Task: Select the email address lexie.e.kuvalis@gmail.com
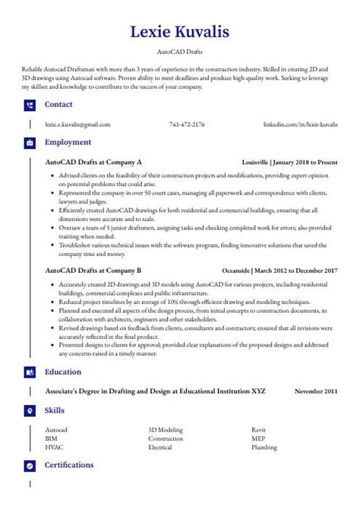(x=77, y=124)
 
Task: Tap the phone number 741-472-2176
(x=187, y=124)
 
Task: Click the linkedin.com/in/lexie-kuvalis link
(x=300, y=124)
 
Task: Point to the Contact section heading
(x=58, y=105)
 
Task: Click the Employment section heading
(x=68, y=142)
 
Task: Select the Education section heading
(x=64, y=372)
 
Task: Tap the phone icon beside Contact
(x=30, y=105)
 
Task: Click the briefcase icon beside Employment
(x=30, y=142)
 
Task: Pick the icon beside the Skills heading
(x=30, y=410)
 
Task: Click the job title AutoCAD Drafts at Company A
(x=93, y=163)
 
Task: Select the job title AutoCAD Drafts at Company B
(x=93, y=270)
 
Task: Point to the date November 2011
(x=316, y=391)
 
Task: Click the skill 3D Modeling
(x=166, y=430)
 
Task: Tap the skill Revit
(x=259, y=430)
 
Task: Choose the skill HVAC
(x=54, y=448)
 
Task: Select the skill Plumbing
(x=264, y=448)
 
